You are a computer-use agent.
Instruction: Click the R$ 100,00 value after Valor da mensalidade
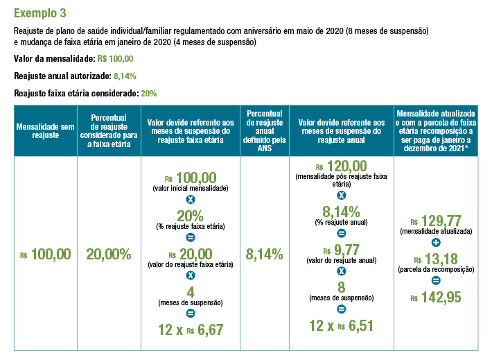pyautogui.click(x=116, y=59)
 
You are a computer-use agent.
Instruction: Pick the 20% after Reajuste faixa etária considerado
pyautogui.click(x=148, y=93)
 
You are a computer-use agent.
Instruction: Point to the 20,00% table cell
pyautogui.click(x=108, y=254)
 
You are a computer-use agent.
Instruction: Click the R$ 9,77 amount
pyautogui.click(x=341, y=250)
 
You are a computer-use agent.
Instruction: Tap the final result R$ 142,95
pyautogui.click(x=435, y=297)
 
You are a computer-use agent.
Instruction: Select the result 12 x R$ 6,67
pyautogui.click(x=190, y=330)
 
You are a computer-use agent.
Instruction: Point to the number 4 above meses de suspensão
pyautogui.click(x=190, y=292)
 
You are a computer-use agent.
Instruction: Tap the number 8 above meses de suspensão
pyautogui.click(x=341, y=287)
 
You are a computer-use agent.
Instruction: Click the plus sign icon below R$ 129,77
pyautogui.click(x=435, y=243)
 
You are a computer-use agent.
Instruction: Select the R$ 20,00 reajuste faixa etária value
pyautogui.click(x=190, y=255)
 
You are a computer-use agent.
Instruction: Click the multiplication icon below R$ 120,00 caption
pyautogui.click(x=341, y=196)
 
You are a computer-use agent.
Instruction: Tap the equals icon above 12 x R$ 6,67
pyautogui.click(x=190, y=314)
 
